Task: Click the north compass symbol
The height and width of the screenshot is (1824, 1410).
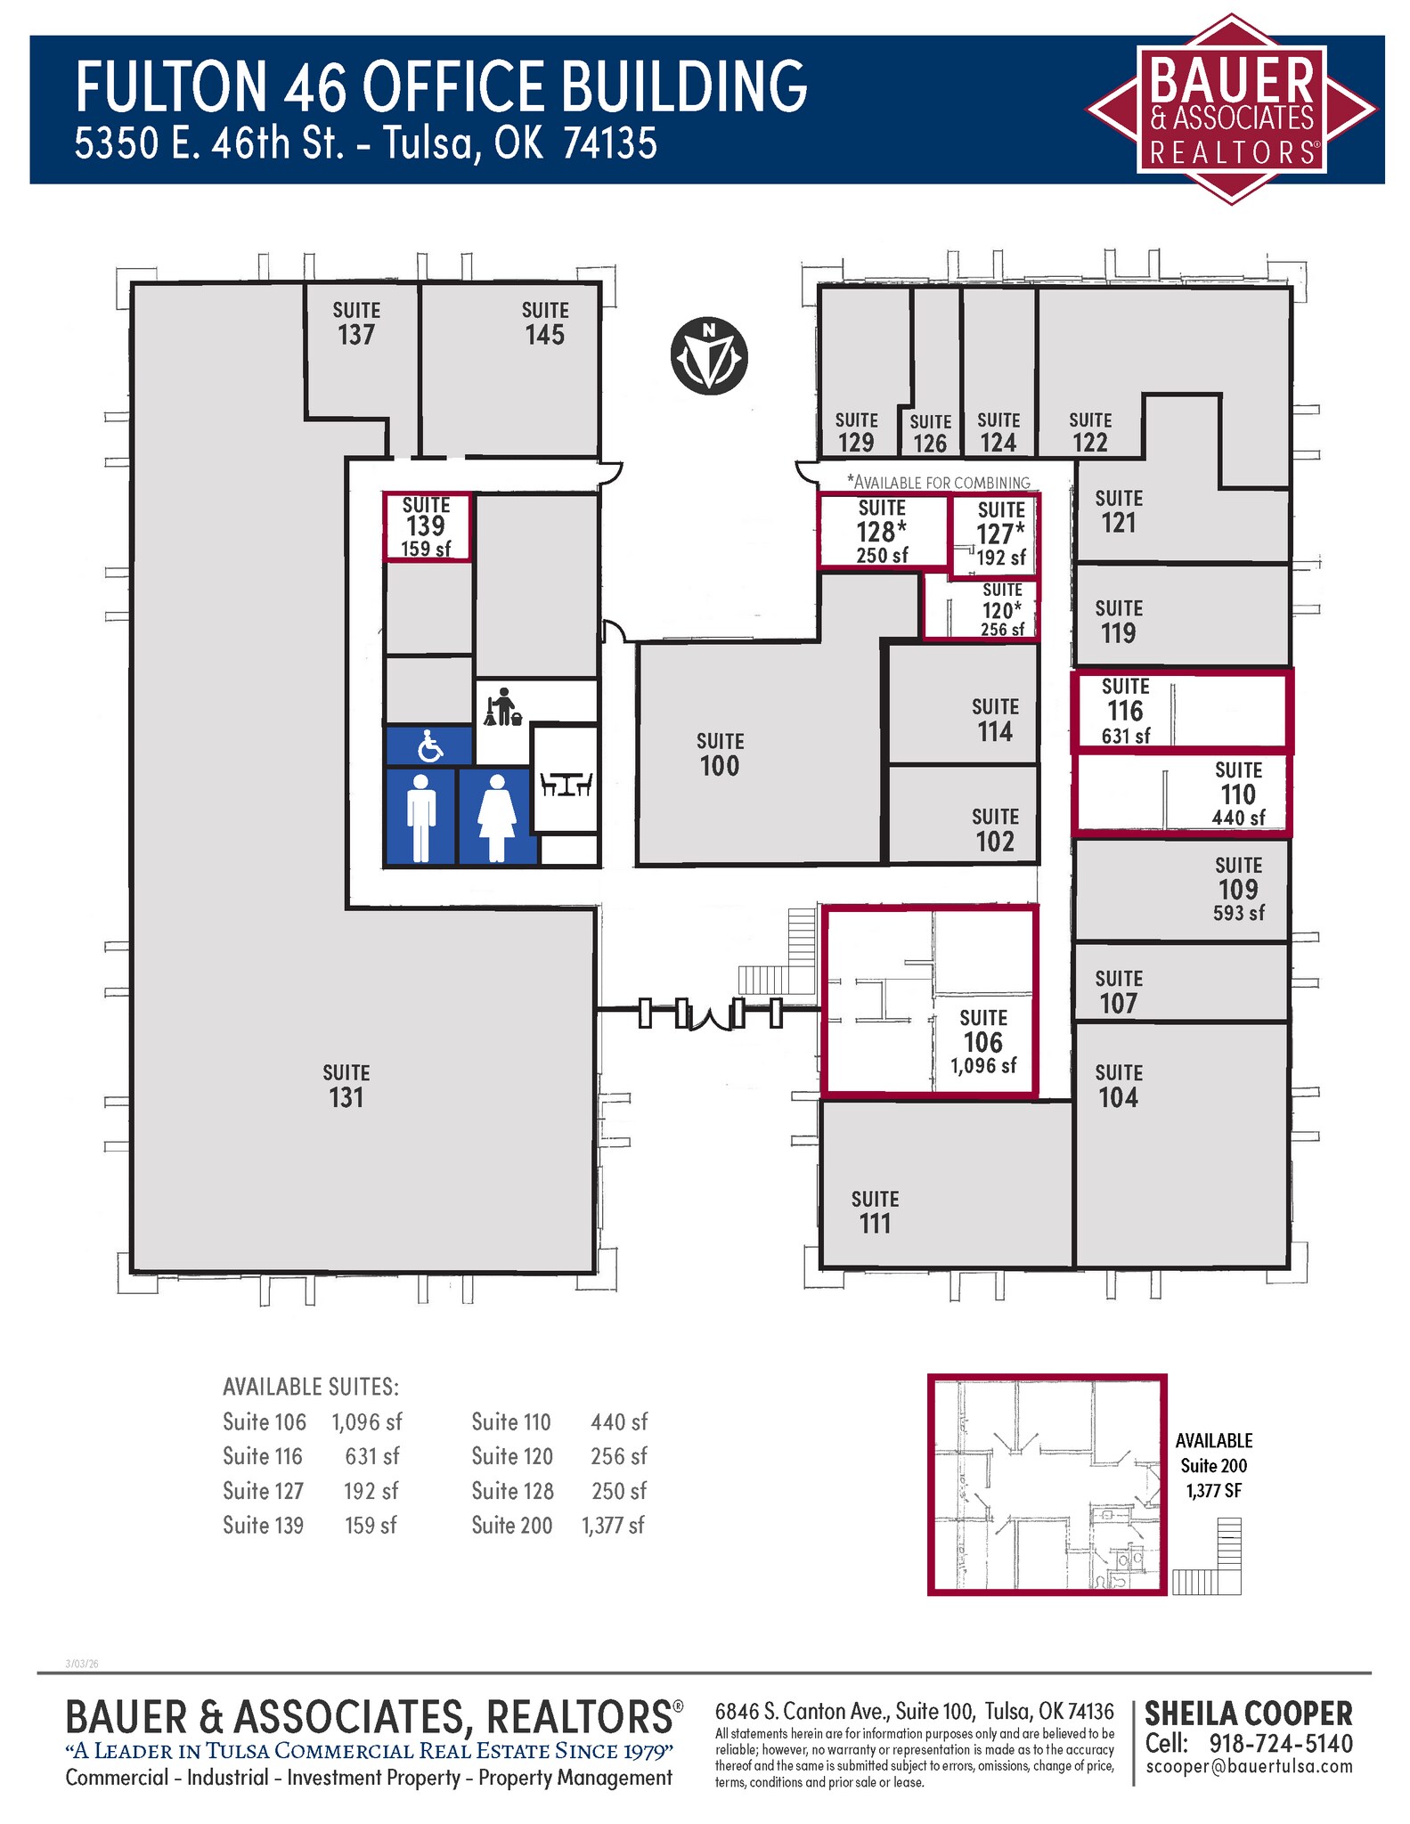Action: click(708, 355)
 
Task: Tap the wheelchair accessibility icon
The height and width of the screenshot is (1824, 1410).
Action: click(429, 746)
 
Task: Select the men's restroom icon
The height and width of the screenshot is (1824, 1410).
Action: click(420, 817)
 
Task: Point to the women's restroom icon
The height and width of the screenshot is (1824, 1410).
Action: click(497, 817)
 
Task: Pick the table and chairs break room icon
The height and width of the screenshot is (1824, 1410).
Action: click(566, 784)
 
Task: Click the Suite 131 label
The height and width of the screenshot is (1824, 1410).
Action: click(346, 1086)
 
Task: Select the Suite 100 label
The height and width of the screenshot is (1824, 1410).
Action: click(720, 754)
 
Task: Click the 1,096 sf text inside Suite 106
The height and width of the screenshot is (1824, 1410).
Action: click(983, 1066)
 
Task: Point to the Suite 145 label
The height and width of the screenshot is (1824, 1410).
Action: click(545, 323)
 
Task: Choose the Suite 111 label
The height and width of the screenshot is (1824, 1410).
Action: click(875, 1212)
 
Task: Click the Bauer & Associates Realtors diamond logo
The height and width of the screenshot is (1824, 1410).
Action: click(1230, 110)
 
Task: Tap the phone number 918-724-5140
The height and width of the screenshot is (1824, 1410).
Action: click(1281, 1743)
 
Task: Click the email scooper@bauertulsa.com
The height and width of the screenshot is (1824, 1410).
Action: click(1249, 1766)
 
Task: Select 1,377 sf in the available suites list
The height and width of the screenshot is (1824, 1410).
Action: click(613, 1525)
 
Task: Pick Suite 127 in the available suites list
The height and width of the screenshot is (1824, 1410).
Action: click(264, 1490)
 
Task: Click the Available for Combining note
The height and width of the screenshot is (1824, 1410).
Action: click(938, 482)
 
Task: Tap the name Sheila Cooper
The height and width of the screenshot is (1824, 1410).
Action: click(1248, 1714)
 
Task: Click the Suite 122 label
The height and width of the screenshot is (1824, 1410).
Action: click(1090, 432)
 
